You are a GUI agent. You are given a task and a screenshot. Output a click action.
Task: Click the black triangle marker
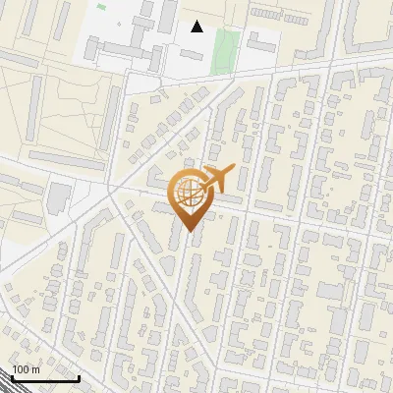[x=197, y=27]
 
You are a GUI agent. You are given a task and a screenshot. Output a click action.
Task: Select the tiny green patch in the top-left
[x=101, y=7]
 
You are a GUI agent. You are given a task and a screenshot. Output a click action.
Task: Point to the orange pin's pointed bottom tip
[x=188, y=231]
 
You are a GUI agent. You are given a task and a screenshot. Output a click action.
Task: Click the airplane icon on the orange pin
[x=216, y=179]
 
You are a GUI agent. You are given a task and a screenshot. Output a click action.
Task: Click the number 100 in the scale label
[x=21, y=369]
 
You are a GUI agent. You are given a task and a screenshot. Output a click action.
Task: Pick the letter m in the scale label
[x=34, y=369]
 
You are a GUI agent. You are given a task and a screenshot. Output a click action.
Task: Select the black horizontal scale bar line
[x=45, y=378]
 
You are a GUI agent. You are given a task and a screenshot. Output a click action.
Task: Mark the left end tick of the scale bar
[x=11, y=376]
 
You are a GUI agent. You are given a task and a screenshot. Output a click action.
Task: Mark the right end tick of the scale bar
[x=80, y=376]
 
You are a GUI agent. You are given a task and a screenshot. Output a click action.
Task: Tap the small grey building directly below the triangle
[x=192, y=55]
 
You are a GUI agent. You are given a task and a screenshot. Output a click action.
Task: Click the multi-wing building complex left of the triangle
[x=128, y=39]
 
